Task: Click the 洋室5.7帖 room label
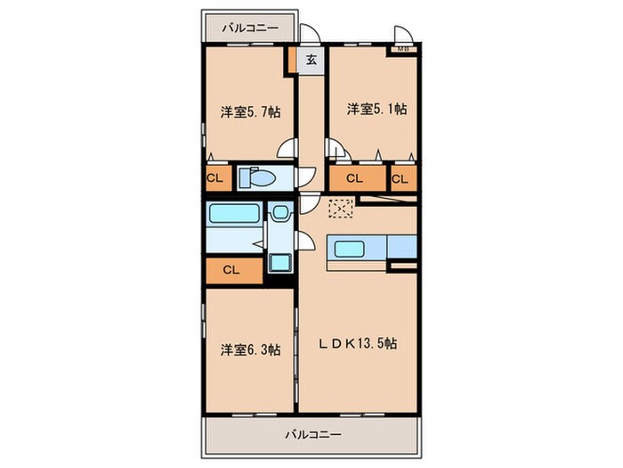(251, 112)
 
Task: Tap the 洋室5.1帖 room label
(376, 109)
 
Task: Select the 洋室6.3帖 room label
(251, 349)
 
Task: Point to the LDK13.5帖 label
(358, 343)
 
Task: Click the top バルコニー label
(250, 29)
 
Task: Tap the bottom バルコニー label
(313, 434)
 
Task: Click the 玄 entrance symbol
(311, 60)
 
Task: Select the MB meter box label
(403, 49)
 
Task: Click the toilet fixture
(257, 177)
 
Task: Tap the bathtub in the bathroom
(234, 213)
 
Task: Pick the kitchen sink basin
(350, 249)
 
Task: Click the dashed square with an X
(341, 209)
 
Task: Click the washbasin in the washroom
(280, 212)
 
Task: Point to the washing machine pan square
(280, 263)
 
